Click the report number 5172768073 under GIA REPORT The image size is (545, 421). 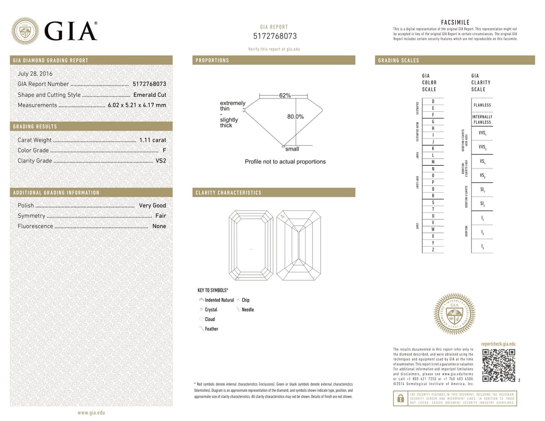[274, 36]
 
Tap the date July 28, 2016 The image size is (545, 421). [35, 74]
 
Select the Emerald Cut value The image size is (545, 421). [149, 95]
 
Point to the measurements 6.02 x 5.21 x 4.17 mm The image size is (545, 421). [137, 105]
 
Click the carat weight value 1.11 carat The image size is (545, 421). [152, 140]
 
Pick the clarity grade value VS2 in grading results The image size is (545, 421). [161, 161]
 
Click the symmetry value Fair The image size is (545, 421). [160, 216]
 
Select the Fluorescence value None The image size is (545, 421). [159, 226]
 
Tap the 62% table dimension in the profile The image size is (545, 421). [285, 95]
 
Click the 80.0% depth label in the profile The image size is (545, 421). [295, 117]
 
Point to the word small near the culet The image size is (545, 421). [292, 149]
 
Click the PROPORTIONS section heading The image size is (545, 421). [212, 60]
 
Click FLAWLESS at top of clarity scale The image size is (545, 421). [482, 105]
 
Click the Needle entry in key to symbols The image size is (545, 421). [248, 310]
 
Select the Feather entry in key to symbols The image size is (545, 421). [211, 329]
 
